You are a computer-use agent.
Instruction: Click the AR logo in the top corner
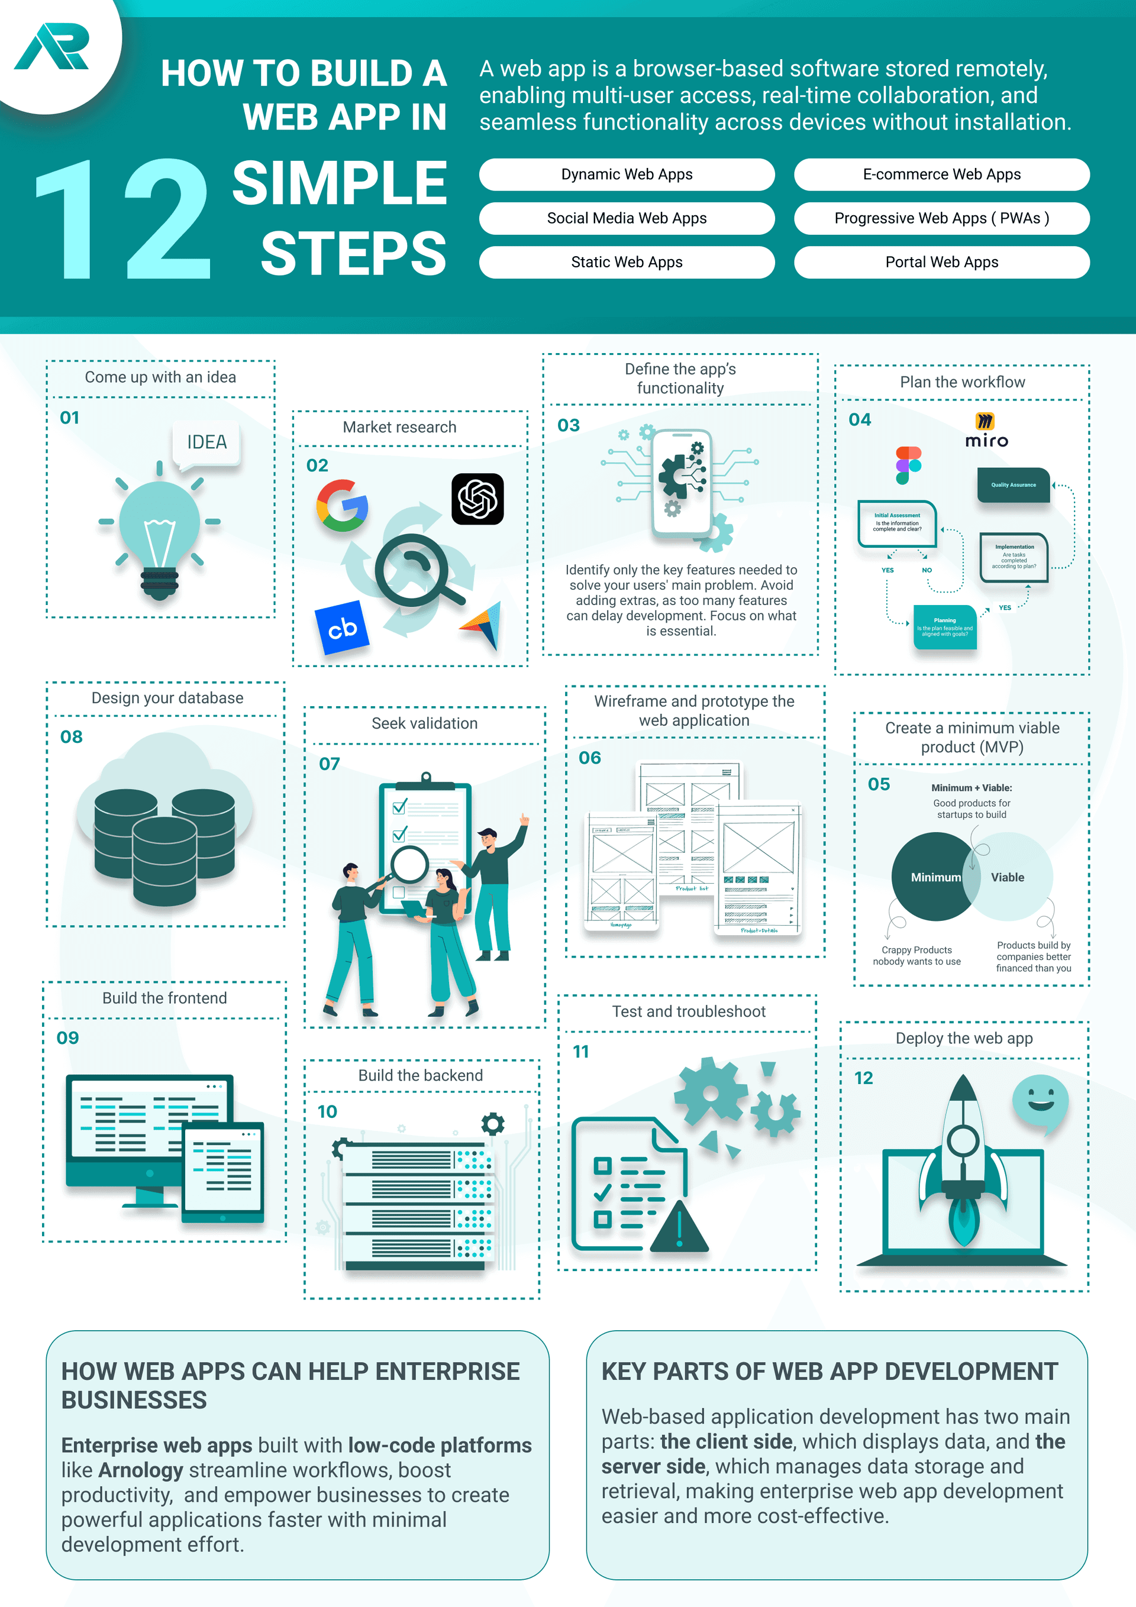coord(53,46)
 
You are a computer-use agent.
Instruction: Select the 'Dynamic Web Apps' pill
coord(626,174)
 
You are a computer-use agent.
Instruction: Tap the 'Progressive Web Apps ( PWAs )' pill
coord(941,218)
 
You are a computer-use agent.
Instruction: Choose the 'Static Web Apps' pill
coord(626,263)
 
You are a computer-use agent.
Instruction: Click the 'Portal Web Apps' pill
coord(941,263)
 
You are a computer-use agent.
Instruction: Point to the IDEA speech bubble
coord(206,443)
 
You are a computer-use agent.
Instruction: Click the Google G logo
coord(342,505)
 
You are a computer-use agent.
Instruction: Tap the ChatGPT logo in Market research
coord(477,499)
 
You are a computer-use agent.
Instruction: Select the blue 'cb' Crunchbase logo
coord(342,628)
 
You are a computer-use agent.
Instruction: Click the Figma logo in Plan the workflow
coord(908,465)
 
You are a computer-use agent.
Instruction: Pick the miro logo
coord(986,431)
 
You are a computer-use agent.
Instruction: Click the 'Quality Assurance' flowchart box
coord(1013,485)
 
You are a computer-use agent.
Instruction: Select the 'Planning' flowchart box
coord(945,626)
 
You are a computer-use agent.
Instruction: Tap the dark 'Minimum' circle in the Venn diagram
coord(931,877)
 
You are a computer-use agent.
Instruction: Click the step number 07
coord(329,764)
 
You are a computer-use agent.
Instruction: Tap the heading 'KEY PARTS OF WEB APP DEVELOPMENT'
coord(830,1371)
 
